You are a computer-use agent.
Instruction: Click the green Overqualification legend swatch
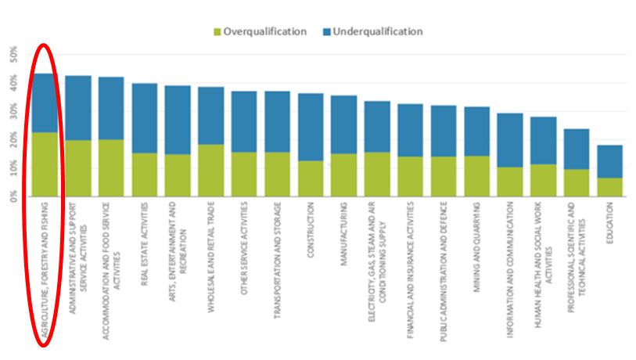pos(217,32)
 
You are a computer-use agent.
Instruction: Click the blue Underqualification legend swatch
pos(326,32)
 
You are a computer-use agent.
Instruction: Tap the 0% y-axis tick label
pos(13,196)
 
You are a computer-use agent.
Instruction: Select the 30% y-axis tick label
pos(13,112)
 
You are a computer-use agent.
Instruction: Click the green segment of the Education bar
pos(609,187)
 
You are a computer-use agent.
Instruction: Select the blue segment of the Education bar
pos(609,161)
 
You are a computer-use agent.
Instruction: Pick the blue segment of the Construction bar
pos(311,127)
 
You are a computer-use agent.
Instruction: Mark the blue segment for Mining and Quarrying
pos(476,131)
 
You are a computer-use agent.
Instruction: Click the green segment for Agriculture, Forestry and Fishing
pos(45,164)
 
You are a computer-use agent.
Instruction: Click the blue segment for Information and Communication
pos(510,140)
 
